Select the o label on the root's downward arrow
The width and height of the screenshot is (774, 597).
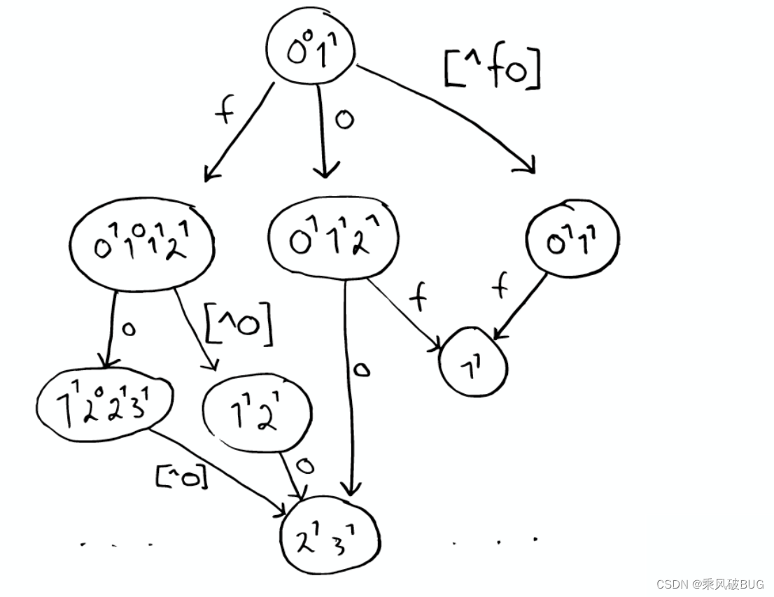[x=343, y=119]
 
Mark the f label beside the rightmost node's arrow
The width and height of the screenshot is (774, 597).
[x=498, y=287]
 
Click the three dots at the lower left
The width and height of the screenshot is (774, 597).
[x=115, y=543]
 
